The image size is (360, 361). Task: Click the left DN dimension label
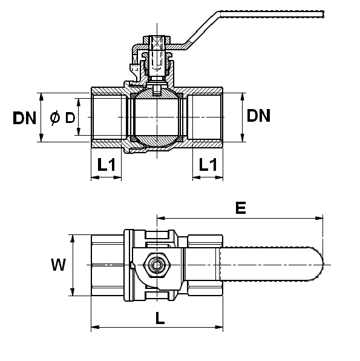(x=24, y=118)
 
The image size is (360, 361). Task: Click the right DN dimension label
(x=258, y=115)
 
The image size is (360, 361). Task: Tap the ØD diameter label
(x=62, y=118)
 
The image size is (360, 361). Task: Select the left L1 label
(x=106, y=164)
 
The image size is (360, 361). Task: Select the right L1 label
(x=208, y=164)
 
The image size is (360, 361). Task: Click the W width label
(x=59, y=265)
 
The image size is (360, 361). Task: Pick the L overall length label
(x=160, y=318)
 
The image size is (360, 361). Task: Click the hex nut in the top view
(x=157, y=265)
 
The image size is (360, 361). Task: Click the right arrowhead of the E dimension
(x=319, y=218)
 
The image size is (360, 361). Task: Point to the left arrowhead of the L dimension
(x=95, y=327)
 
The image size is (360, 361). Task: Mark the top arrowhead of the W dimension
(x=73, y=239)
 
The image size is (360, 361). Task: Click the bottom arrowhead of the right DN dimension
(x=242, y=137)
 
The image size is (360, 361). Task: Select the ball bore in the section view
(x=157, y=117)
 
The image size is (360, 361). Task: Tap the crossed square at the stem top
(x=157, y=43)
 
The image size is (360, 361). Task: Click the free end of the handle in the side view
(x=323, y=15)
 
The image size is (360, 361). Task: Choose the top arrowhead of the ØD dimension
(x=79, y=103)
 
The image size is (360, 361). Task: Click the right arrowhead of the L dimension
(x=219, y=327)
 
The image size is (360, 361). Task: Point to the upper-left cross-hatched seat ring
(x=133, y=96)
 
